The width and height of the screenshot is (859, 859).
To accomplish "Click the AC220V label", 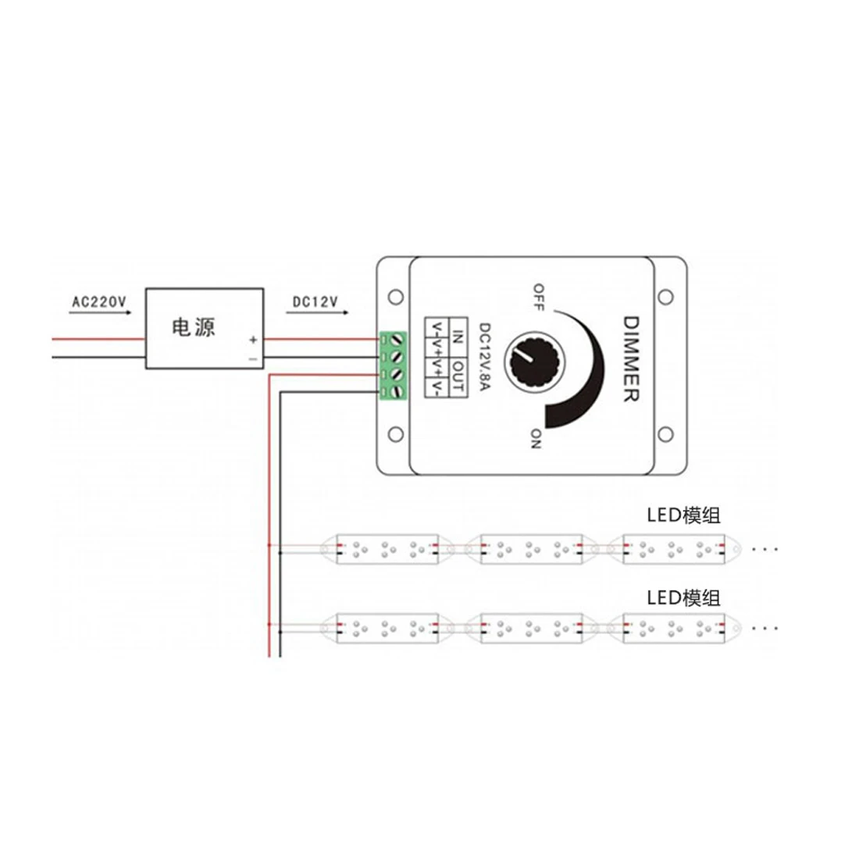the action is [x=99, y=302].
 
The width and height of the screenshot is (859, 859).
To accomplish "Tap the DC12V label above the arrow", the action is [x=315, y=302].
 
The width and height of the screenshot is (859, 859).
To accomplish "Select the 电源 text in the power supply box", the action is [x=194, y=327].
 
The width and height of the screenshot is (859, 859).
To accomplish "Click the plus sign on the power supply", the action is [x=253, y=340].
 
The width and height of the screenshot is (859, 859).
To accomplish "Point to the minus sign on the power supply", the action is [x=253, y=359].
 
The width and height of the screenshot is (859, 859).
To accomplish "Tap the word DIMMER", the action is [x=631, y=359].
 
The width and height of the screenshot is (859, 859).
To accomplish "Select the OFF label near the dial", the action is [x=539, y=297].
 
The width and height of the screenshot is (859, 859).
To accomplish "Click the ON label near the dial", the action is [x=536, y=439].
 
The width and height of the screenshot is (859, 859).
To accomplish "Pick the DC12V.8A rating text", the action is [x=485, y=357].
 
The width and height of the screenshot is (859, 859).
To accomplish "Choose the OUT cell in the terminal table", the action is [x=458, y=378].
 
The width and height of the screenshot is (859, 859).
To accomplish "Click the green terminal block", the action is [x=393, y=365].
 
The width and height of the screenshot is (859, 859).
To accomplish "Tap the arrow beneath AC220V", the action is [x=100, y=313].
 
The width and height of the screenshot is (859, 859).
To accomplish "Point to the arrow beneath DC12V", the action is [x=317, y=313].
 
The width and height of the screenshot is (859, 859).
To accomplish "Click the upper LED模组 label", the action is [x=683, y=515].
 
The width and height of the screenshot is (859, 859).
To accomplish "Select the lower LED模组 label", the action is [x=683, y=597].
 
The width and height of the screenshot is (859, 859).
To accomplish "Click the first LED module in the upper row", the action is [x=387, y=550].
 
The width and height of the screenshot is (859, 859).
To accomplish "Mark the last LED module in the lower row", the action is [x=675, y=629].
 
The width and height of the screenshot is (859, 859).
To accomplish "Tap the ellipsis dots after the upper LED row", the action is [x=765, y=548].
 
